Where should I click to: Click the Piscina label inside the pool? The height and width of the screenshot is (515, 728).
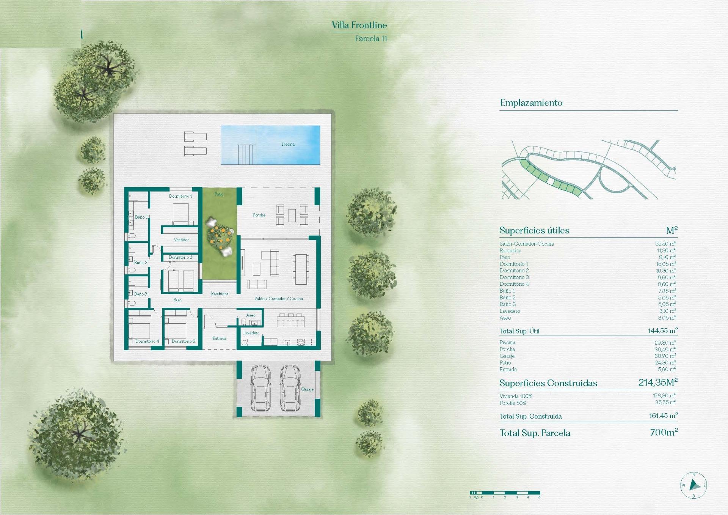click(x=288, y=144)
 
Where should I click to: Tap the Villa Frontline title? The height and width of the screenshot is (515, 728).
click(x=359, y=25)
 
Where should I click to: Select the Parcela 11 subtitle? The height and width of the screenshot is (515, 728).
click(x=371, y=38)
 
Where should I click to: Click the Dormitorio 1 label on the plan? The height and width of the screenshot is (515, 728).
click(x=180, y=196)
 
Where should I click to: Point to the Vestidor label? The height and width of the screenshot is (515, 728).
click(x=181, y=239)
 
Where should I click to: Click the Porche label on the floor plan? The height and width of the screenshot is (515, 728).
click(x=259, y=215)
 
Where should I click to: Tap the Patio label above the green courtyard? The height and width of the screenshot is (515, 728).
click(x=219, y=194)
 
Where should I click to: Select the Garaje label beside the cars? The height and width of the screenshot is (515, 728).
click(x=307, y=389)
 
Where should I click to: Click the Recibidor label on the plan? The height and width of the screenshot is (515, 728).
click(x=220, y=294)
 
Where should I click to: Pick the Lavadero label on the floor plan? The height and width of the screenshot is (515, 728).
click(x=251, y=333)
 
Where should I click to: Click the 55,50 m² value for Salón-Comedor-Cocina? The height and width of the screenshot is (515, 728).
click(x=665, y=244)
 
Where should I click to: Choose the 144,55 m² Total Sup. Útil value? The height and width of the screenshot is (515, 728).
click(x=662, y=331)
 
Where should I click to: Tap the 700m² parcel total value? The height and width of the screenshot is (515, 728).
click(x=664, y=432)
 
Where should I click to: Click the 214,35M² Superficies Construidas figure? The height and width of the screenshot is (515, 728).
click(x=657, y=383)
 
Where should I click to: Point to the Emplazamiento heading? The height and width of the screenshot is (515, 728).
click(x=531, y=103)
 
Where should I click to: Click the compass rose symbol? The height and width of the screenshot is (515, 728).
click(x=693, y=485)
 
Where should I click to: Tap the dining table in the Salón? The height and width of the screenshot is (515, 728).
click(x=300, y=269)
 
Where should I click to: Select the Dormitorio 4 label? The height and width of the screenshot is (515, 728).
click(x=147, y=341)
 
